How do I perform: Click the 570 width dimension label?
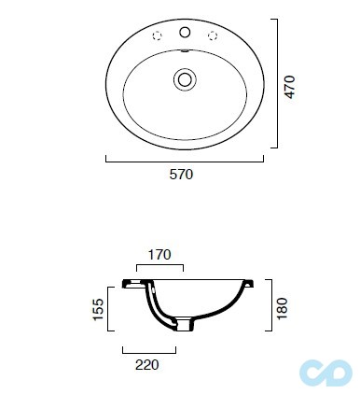tap(181, 175)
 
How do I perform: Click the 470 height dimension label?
tap(289, 87)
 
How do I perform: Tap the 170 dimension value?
tap(159, 255)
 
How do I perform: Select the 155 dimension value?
tap(98, 309)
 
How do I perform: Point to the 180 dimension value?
tap(283, 308)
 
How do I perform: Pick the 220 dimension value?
tap(146, 365)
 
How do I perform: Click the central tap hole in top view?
tap(185, 33)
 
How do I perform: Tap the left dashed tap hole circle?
tap(158, 35)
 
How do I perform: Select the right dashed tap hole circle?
tap(213, 35)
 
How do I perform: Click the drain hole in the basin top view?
tap(185, 79)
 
